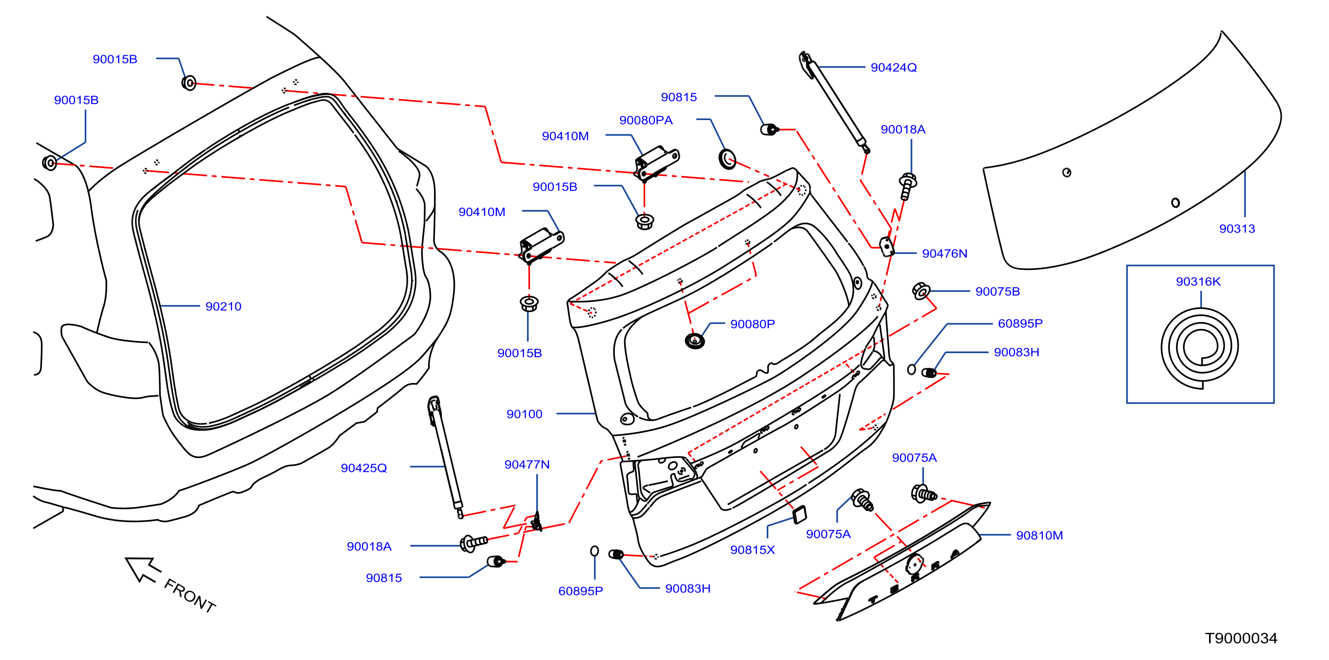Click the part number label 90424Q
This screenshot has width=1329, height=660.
pyautogui.click(x=894, y=68)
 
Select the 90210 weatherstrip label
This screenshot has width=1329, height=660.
pyautogui.click(x=223, y=306)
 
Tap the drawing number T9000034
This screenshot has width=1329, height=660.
pyautogui.click(x=1241, y=638)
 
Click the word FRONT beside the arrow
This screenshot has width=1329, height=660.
pyautogui.click(x=190, y=596)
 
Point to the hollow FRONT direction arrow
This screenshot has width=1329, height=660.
pyautogui.click(x=142, y=569)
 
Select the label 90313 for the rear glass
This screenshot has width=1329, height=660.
pyautogui.click(x=1237, y=229)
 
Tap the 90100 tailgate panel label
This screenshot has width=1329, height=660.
pyautogui.click(x=524, y=414)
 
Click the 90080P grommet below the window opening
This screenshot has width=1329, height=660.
pyautogui.click(x=695, y=341)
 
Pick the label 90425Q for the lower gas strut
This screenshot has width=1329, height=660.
pyautogui.click(x=364, y=468)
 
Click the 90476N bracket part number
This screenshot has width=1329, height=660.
pyautogui.click(x=945, y=254)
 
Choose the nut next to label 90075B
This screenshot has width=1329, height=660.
pyautogui.click(x=921, y=291)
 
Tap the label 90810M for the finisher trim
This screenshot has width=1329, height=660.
pyautogui.click(x=1040, y=535)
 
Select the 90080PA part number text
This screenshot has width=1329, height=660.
pyautogui.click(x=646, y=120)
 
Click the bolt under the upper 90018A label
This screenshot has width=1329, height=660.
pyautogui.click(x=907, y=186)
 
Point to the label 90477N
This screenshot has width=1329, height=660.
pyautogui.click(x=527, y=464)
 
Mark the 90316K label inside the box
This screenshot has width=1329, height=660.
pyautogui.click(x=1198, y=281)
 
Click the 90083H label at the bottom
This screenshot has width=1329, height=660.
pyautogui.click(x=688, y=588)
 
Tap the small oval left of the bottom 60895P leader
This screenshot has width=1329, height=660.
pyautogui.click(x=594, y=551)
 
